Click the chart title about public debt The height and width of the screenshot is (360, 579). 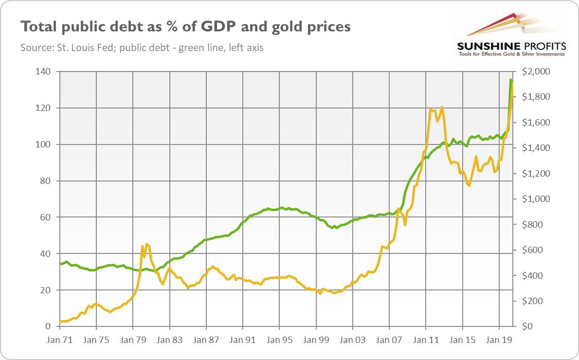click(x=185, y=27)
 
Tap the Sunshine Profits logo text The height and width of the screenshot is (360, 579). click(x=510, y=46)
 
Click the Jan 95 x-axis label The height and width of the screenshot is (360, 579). click(x=279, y=339)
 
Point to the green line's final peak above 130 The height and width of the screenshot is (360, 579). click(x=510, y=79)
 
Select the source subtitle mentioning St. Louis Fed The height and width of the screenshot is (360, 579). click(x=142, y=48)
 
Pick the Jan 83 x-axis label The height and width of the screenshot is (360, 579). click(x=169, y=339)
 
